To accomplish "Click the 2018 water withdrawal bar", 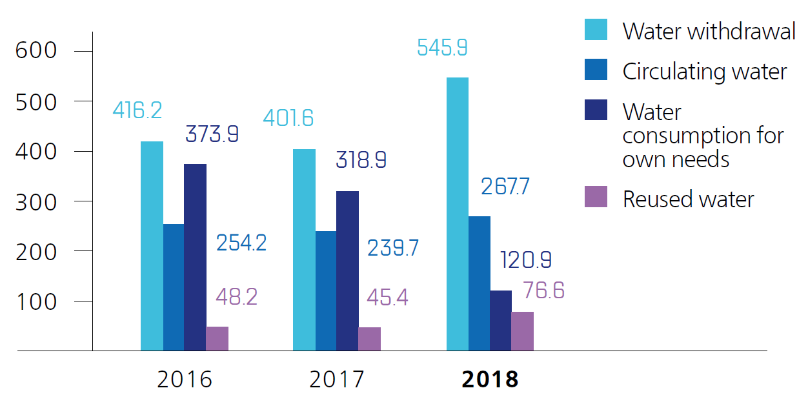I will (458, 214).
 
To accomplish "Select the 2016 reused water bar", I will (217, 338).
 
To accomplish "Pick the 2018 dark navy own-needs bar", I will (501, 320).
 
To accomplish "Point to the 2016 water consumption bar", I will (195, 257).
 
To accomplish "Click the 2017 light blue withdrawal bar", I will (304, 250).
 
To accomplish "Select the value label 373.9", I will (212, 134).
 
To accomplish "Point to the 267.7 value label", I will (505, 187).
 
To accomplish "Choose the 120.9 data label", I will (526, 260).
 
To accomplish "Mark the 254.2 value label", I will (241, 243).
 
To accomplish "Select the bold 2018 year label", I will (490, 380).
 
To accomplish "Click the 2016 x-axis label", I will (185, 380).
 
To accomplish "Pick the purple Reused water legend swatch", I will (596, 196).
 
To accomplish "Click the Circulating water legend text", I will (705, 72).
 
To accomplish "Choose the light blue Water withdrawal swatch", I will (596, 29).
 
